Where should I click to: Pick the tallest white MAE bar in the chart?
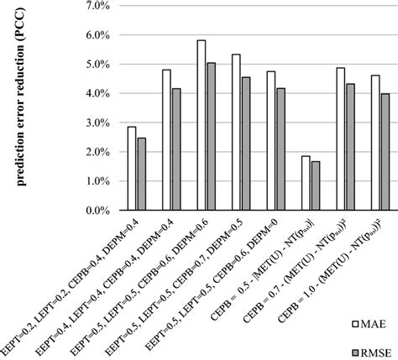[x=202, y=126]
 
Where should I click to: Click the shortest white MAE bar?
[x=305, y=183]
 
